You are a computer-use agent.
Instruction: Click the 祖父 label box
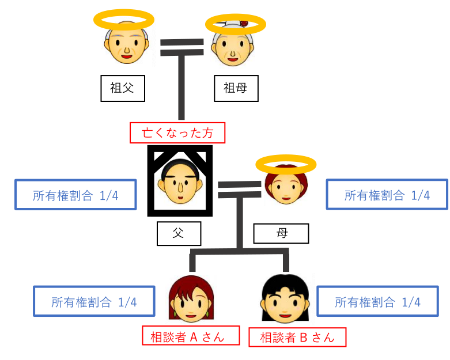pos(122,88)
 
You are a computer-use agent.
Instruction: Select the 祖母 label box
pos(235,88)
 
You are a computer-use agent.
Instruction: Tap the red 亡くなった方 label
pos(177,133)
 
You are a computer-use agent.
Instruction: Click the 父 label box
pos(179,234)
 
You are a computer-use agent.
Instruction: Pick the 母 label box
pos(281,234)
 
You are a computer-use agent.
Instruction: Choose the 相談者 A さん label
pos(191,336)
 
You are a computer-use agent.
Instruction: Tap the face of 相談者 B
pos(285,301)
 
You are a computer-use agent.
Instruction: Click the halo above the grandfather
pos(124,21)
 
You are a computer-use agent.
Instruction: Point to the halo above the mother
pos(286,165)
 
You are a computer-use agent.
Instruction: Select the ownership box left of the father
pos(75,195)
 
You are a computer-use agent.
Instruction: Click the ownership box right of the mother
pos(387,195)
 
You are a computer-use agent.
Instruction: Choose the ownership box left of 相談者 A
pos(94,301)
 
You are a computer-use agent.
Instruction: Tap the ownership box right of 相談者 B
pos(377,301)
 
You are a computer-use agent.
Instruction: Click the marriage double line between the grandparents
pos(182,47)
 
